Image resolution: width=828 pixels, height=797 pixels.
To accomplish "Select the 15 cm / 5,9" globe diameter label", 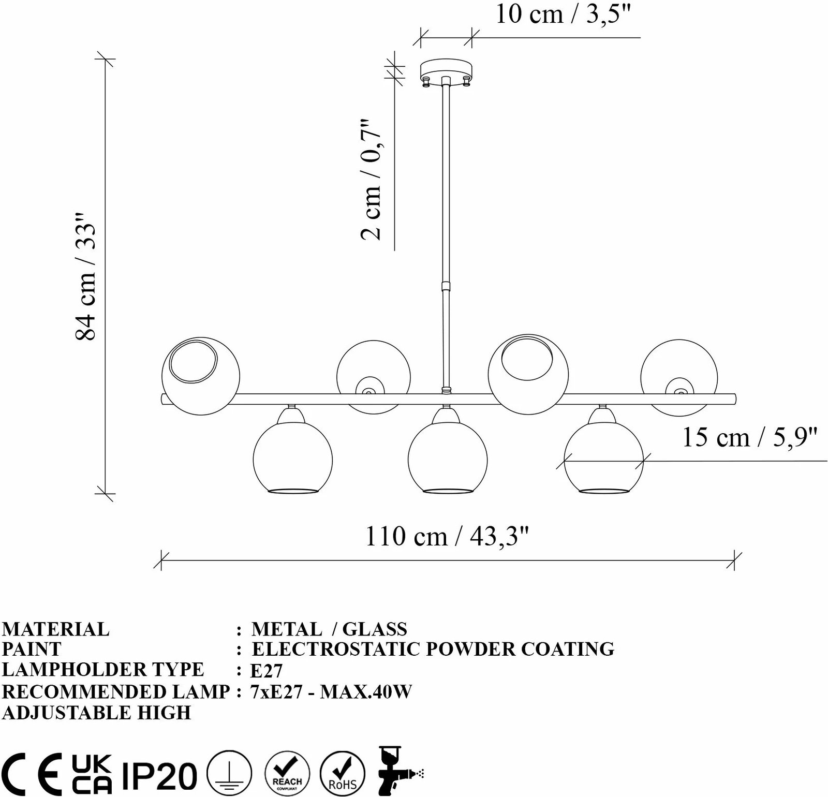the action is [750, 438].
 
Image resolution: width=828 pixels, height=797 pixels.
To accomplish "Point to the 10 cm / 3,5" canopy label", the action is [564, 14].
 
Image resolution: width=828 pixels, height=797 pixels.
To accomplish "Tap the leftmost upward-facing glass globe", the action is [201, 376].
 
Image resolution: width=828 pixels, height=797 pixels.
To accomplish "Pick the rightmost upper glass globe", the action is [679, 376].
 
